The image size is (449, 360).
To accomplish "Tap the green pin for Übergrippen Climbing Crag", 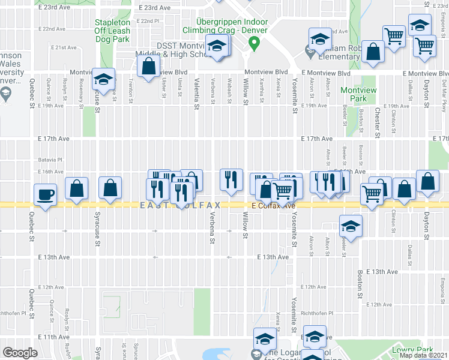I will coord(254,44).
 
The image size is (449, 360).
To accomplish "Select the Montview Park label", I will coord(354,94).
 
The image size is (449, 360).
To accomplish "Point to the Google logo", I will coord(20,353).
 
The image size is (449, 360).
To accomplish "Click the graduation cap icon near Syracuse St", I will coord(104,80).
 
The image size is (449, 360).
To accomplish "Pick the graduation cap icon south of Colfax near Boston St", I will coord(351,226).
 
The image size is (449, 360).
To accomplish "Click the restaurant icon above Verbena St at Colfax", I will coord(231,179).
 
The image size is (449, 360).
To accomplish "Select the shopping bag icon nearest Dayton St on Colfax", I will coord(427,181).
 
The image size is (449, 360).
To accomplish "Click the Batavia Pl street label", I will coord(50,160).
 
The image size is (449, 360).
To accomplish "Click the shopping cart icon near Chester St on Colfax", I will coord(372,193).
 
